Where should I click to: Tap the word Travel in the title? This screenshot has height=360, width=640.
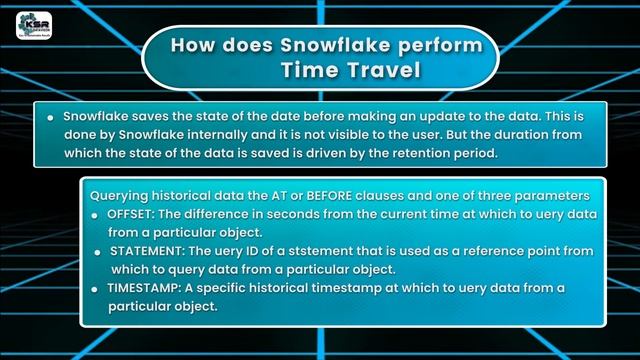click(365, 71)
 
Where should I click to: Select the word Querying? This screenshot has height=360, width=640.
click(121, 196)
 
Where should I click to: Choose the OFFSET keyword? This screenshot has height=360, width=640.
click(133, 214)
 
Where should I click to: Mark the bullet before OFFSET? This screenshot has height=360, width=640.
click(98, 214)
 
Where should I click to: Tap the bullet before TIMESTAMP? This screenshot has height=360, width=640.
click(98, 288)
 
